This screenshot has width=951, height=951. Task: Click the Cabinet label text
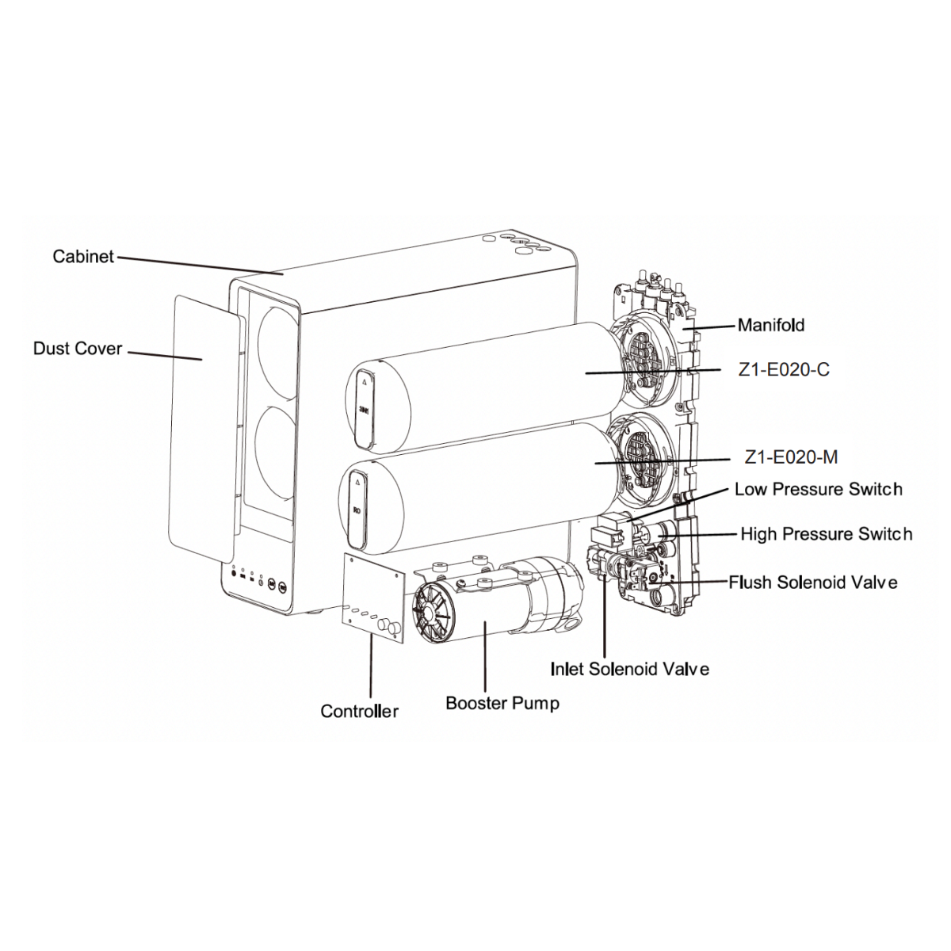click(83, 257)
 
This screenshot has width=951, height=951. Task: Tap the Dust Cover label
click(78, 349)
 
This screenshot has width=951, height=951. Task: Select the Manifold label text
click(771, 325)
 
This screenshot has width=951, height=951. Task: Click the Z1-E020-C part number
click(784, 370)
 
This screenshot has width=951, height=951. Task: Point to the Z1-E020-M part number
click(791, 457)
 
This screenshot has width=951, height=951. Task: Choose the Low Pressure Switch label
click(818, 489)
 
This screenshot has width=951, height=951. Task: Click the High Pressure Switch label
click(826, 534)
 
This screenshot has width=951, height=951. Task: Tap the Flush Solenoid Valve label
click(813, 582)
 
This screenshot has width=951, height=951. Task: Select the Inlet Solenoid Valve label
click(629, 669)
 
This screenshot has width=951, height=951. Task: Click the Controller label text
click(359, 711)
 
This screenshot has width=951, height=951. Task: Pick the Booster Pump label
click(502, 703)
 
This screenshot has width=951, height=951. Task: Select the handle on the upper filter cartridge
click(365, 404)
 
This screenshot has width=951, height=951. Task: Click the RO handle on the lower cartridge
click(357, 507)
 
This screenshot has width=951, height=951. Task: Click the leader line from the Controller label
click(370, 666)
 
